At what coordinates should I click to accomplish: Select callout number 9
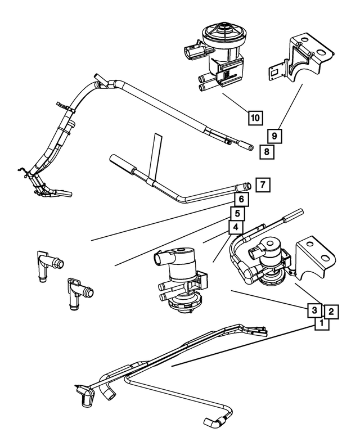[274, 136]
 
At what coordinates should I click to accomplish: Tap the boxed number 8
[267, 151]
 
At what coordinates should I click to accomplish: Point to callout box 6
[240, 199]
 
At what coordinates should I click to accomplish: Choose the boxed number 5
[237, 213]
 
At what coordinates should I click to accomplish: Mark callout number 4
[235, 227]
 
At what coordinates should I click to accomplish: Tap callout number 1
[321, 323]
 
